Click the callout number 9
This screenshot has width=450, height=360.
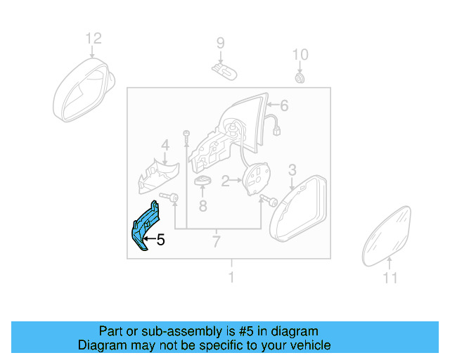pos(220,43)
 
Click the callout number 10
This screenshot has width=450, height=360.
pos(300,54)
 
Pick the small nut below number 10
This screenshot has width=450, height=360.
pos(300,76)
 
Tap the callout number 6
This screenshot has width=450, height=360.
pos(284,106)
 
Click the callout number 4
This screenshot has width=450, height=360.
pos(165,146)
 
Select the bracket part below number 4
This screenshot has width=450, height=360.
pos(158,176)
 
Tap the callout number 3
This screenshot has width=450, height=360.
pos(292,169)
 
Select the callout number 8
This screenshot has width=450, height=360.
pos(202,206)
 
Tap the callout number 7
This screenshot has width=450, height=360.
pos(217,243)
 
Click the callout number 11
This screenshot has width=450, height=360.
pos(390,278)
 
